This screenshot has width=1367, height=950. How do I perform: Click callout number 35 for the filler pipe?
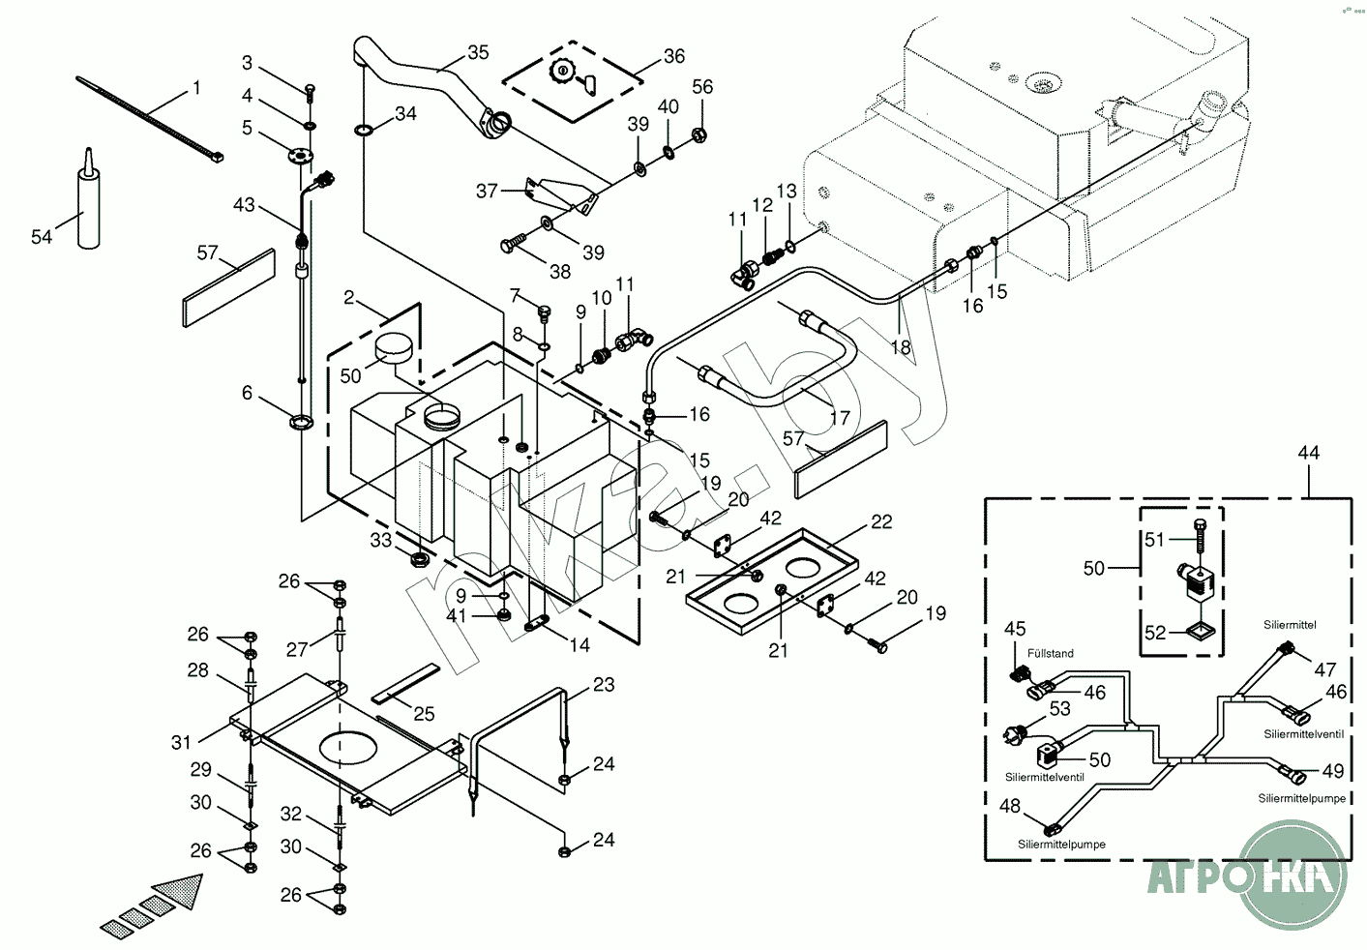478,53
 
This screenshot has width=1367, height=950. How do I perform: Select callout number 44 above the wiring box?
1308,453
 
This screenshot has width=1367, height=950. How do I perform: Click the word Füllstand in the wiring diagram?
1051,654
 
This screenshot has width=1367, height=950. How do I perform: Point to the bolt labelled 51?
1200,539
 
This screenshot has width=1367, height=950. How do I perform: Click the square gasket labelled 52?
1201,632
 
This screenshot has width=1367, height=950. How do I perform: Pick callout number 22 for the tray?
880,522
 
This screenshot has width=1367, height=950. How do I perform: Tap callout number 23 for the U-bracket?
604,685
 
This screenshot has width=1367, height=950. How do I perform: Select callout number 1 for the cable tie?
196,88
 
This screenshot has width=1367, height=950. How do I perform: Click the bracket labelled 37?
561,195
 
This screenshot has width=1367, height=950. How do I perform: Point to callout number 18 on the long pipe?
901,347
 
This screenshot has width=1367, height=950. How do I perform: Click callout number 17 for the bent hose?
840,418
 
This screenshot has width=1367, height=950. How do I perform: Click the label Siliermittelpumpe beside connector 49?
1301,799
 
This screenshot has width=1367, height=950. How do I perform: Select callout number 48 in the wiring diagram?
1009,807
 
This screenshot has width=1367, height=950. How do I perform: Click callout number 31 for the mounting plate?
181,742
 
